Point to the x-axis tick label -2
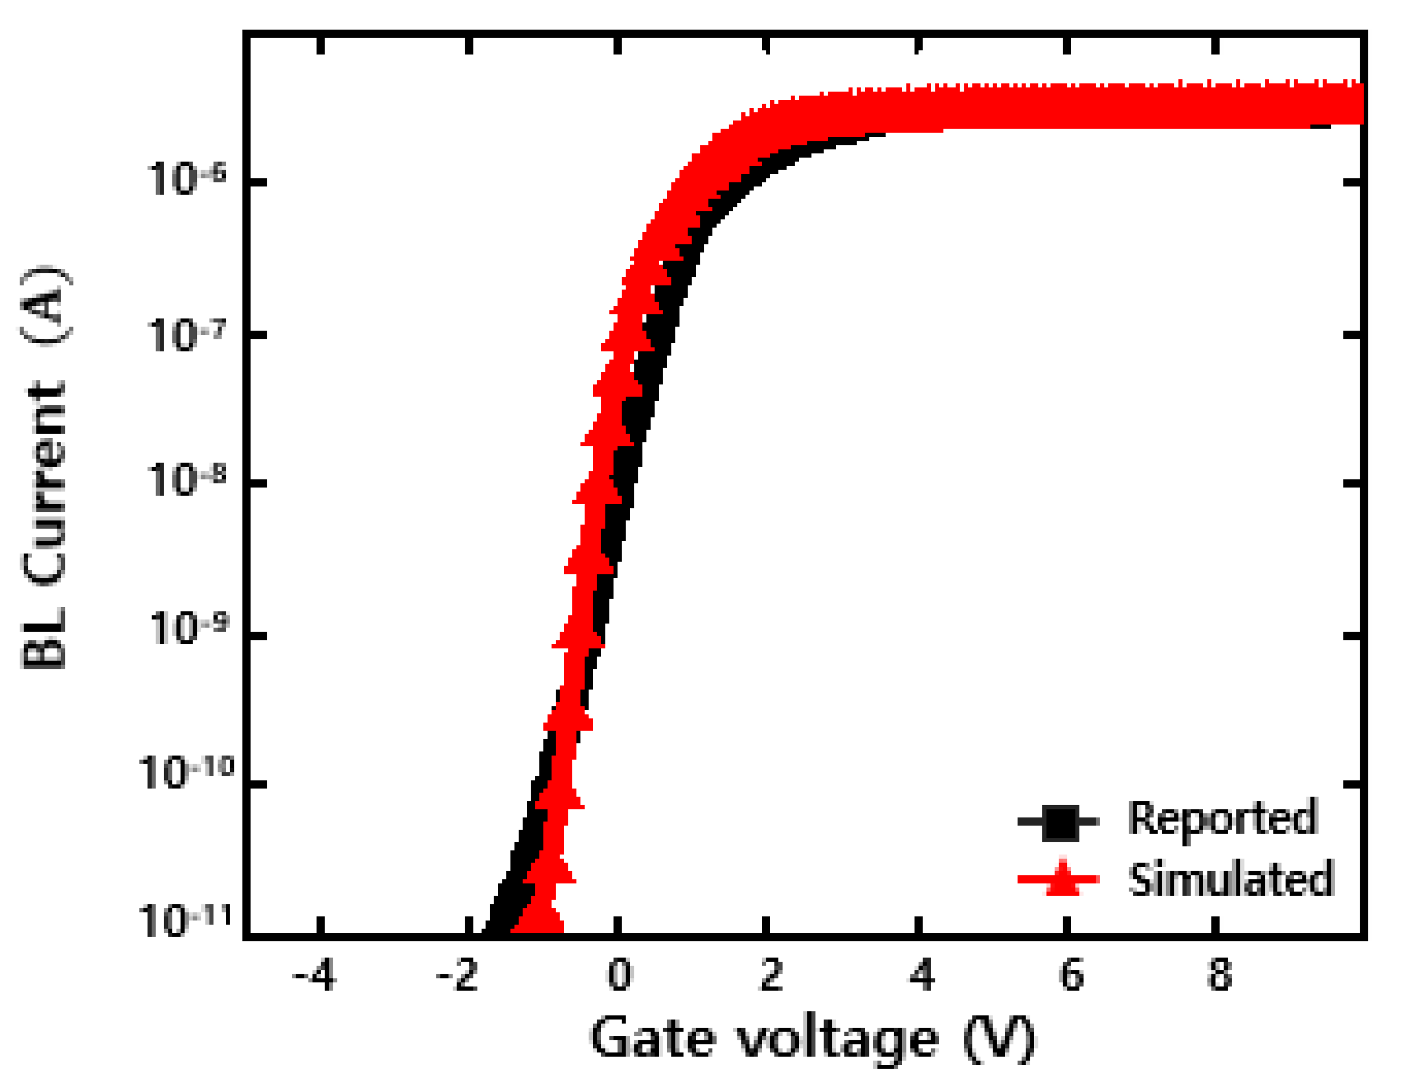tap(458, 977)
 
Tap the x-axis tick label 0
tap(620, 977)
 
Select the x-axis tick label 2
tap(771, 977)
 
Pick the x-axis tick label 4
tap(921, 977)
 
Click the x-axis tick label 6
tap(1071, 977)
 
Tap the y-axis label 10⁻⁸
tap(187, 480)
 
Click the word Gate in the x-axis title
tap(652, 1038)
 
